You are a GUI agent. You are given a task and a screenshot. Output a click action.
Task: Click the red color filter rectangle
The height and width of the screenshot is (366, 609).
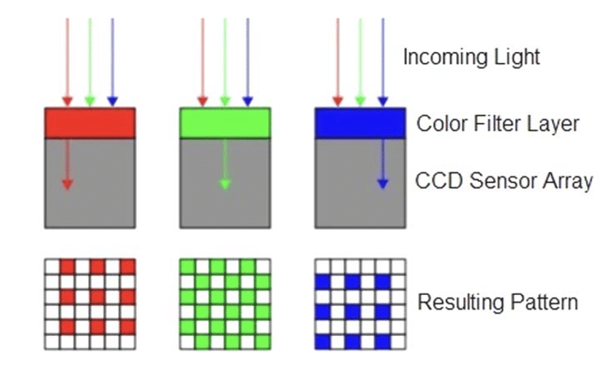pos(90,123)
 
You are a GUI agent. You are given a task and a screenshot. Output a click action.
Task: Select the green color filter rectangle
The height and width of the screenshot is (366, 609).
pos(225,123)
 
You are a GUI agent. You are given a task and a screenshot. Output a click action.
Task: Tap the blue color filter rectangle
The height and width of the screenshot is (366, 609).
pos(359,123)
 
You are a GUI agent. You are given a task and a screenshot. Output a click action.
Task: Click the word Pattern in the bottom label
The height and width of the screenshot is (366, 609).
pos(544,302)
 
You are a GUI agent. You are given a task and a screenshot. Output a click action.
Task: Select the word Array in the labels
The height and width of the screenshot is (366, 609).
pos(564,180)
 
